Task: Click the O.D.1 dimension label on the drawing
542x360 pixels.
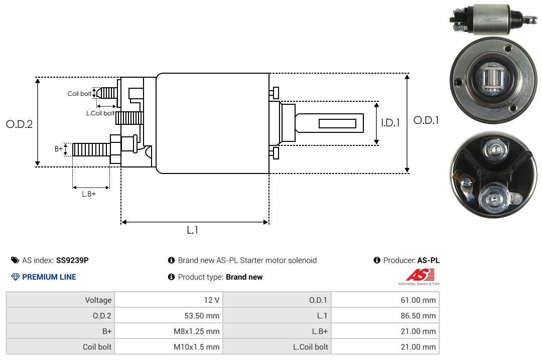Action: pos(426,120)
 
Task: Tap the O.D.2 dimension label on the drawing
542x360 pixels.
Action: pos(19,124)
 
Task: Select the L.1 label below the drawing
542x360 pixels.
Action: pos(193,230)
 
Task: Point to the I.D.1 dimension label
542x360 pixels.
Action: pos(390,122)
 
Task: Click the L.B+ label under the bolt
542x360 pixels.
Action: pos(89,194)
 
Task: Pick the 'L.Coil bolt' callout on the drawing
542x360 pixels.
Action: pos(100,113)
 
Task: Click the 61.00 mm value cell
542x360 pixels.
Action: pos(385,300)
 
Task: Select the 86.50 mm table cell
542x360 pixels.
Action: pos(385,316)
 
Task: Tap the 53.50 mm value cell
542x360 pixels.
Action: pos(169,316)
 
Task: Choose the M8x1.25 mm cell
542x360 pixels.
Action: pos(169,331)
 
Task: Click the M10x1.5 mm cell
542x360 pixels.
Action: pos(169,347)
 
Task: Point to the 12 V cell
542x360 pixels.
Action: pos(169,300)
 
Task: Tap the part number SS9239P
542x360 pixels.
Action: pos(72,260)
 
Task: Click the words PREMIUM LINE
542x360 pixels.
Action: pos(49,277)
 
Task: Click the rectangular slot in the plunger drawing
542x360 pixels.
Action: pos(338,124)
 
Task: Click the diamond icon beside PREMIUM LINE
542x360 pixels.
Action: pos(16,277)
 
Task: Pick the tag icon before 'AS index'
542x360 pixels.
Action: pos(15,260)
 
